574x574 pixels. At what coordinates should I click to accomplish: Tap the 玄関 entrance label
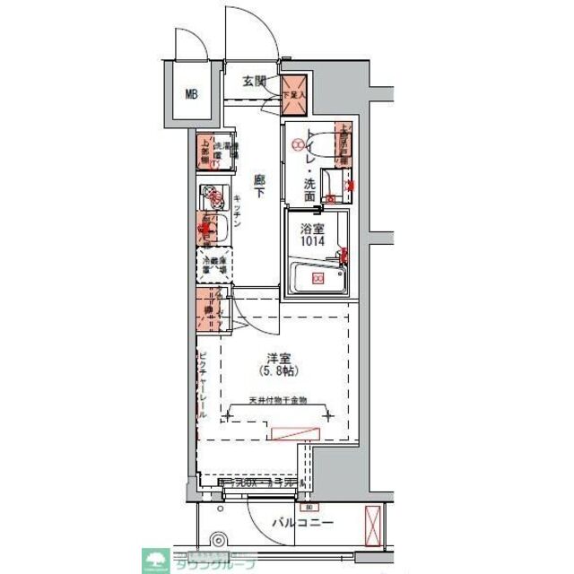pos(255,82)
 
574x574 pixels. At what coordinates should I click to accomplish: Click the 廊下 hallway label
pos(259,184)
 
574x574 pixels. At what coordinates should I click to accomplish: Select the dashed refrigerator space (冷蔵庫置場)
pos(214,265)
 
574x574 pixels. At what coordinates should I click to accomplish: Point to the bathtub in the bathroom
pos(317,279)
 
